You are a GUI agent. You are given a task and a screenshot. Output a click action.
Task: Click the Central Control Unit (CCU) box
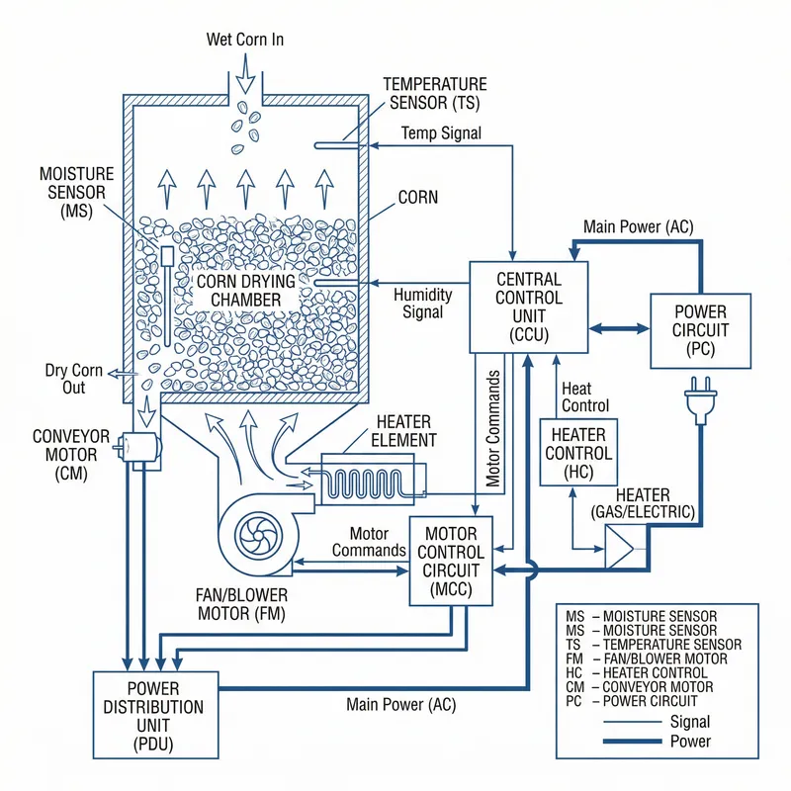528,307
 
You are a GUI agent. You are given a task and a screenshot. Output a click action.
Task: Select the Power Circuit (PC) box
700,330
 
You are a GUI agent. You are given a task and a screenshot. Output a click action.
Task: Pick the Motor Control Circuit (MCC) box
452,561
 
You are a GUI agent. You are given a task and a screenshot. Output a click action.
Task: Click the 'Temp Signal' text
441,132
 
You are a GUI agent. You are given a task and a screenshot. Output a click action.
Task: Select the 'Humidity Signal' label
422,304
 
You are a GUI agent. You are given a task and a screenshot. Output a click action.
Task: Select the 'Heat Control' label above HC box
585,397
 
